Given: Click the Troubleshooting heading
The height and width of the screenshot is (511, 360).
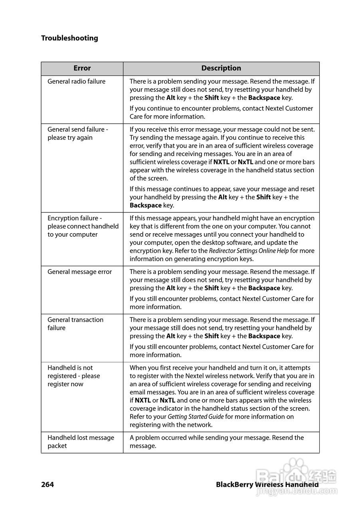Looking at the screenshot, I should coord(69,38).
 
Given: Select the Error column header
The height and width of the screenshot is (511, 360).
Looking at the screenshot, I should coord(82,68).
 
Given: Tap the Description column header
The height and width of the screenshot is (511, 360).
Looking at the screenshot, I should coord(221,68).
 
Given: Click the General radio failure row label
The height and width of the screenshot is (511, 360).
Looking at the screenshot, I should coord(77,81).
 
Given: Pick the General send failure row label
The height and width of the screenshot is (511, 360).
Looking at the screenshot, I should coord(78,134).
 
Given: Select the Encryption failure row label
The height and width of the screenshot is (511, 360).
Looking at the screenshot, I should coord(83,226).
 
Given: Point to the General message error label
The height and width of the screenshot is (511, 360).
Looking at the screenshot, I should coord(80,272).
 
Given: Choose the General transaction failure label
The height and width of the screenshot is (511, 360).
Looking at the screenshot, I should coord(75,324).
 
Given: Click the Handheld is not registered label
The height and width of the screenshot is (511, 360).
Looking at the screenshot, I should coord(74,376).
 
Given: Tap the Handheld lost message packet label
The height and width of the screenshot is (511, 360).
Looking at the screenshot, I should coord(81,442).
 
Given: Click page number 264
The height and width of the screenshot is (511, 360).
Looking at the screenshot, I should coord(47,485).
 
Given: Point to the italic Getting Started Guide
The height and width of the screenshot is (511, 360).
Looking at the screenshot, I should coord(196,417).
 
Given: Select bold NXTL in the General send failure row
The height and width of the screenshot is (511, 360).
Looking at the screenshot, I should coord(221,162).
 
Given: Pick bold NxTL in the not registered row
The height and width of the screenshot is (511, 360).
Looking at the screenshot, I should coord(167,400).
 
